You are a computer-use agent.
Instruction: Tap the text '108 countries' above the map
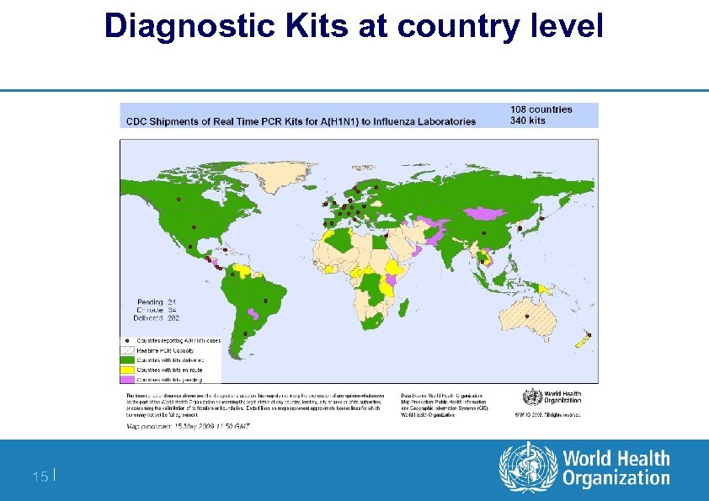(x=541, y=109)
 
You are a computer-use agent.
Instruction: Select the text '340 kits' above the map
(x=528, y=120)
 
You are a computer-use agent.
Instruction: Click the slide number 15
(x=40, y=477)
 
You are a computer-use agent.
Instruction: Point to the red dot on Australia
(x=527, y=316)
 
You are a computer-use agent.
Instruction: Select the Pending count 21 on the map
(x=172, y=301)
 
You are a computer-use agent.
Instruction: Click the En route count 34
(x=172, y=310)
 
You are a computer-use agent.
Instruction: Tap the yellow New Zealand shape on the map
(x=580, y=343)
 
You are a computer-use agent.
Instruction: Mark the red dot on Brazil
(x=266, y=301)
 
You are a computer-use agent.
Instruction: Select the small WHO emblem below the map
(x=532, y=397)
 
